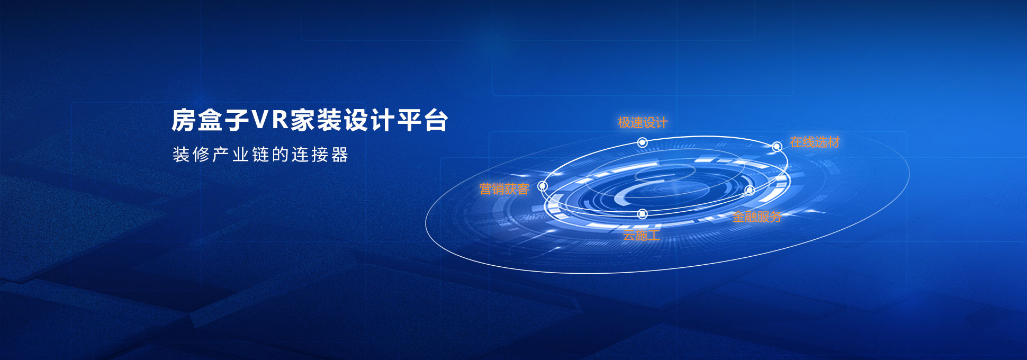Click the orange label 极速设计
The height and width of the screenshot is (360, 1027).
click(643, 123)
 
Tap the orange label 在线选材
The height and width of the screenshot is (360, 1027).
click(815, 142)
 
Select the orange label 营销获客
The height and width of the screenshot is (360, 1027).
click(504, 189)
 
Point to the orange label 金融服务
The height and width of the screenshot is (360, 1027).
click(757, 217)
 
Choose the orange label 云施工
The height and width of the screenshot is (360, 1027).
click(641, 236)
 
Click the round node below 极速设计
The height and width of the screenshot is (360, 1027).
click(642, 142)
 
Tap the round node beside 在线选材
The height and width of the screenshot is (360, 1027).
click(777, 147)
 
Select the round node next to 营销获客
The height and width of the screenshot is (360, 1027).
click(542, 186)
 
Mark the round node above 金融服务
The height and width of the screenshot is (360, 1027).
click(750, 190)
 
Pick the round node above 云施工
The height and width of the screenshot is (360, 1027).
click(642, 214)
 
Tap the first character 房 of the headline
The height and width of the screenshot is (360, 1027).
click(184, 120)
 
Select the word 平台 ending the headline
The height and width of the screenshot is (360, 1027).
click(423, 120)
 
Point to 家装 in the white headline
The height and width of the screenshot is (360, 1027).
click(316, 120)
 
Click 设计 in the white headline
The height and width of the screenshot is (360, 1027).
click(369, 120)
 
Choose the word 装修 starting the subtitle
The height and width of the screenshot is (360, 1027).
click(191, 155)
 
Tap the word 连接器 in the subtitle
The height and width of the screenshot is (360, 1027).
click(320, 155)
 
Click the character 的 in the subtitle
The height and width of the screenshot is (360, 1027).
click(281, 155)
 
